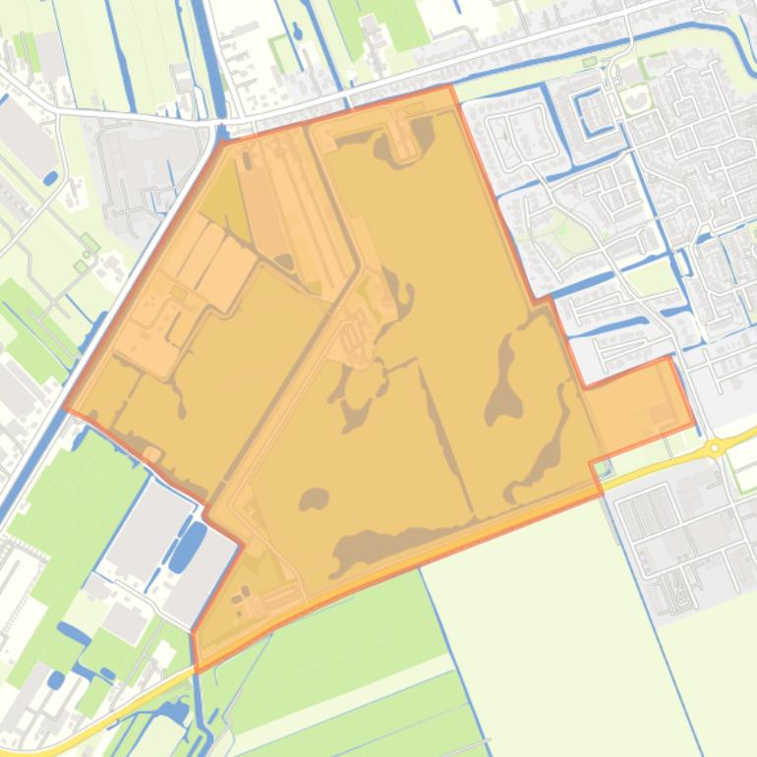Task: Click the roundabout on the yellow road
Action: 715,448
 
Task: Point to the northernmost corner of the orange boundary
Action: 450,87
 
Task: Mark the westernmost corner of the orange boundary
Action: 65,409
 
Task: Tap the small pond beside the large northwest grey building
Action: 49,178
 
